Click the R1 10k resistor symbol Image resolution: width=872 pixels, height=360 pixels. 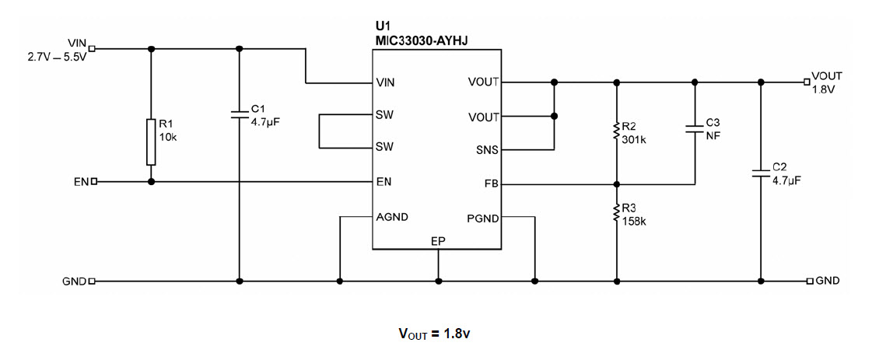coord(151,142)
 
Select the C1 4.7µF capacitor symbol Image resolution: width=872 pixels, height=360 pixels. coord(240,115)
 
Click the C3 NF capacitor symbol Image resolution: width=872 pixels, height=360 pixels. coord(694,128)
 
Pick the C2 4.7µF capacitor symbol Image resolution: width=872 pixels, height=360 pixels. coord(761,173)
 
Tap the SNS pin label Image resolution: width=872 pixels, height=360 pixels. coord(485,150)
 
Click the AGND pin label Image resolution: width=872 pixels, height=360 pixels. coord(391,217)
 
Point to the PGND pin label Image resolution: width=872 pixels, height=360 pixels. coord(482,217)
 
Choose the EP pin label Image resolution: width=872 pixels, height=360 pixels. coord(438,242)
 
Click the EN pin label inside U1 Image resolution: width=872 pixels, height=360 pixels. coord(383,182)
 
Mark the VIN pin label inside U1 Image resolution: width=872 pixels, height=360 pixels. coord(384,82)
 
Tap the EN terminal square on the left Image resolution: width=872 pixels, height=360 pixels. coord(94,182)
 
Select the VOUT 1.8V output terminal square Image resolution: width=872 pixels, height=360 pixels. coord(807,82)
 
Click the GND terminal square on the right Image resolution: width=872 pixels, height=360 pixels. coord(810,281)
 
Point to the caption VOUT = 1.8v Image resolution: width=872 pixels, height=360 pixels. coord(435,334)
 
